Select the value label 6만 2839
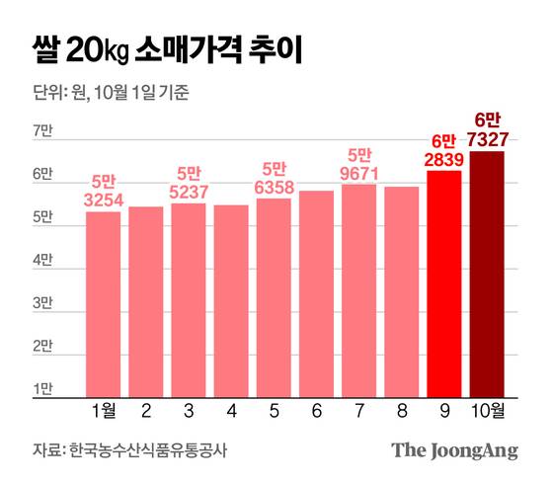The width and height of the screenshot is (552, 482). click(444, 148)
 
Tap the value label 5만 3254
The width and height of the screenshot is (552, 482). click(103, 190)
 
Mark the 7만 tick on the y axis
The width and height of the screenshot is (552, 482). click(43, 130)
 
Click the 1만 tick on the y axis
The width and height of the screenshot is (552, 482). click(43, 391)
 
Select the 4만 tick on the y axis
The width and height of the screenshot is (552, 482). click(43, 261)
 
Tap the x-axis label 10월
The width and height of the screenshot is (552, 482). click(488, 412)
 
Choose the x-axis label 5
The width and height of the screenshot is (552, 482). click(274, 412)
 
